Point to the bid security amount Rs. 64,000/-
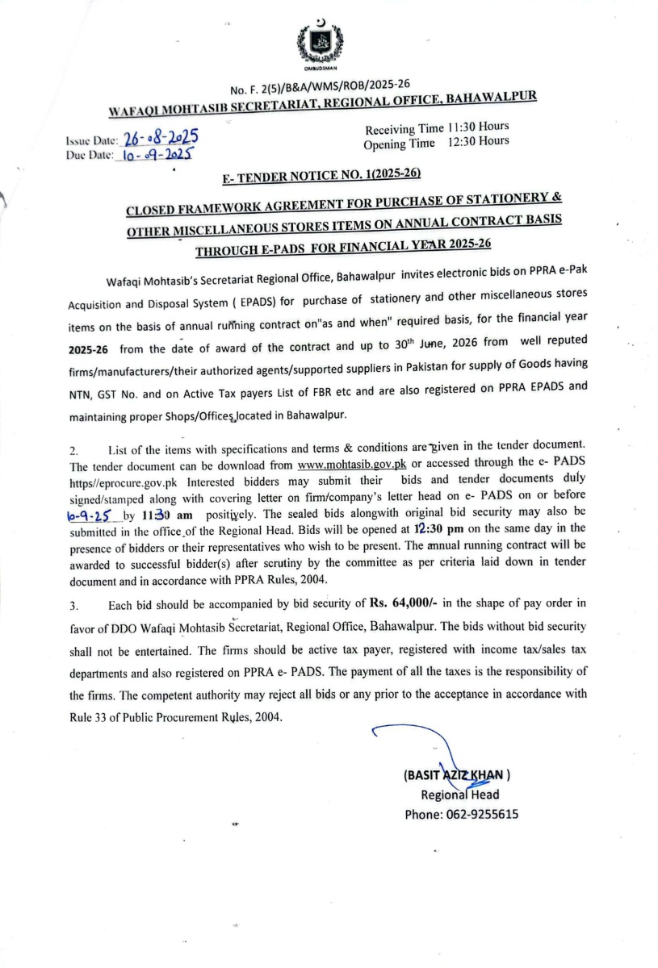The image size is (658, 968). pos(403,603)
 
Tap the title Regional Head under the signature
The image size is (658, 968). pos(455,795)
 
